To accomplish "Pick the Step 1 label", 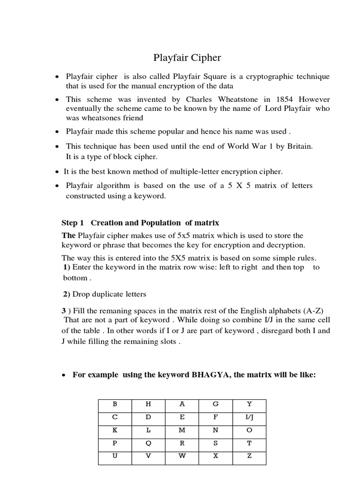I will coord(73,223).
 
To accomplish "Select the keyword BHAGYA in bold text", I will coord(211,375).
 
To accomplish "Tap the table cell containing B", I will coord(114,404).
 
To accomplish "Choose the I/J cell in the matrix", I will coord(249,417).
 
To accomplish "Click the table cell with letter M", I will coord(182,431).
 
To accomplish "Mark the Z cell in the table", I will coord(249,457).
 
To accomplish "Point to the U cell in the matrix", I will coord(114,457).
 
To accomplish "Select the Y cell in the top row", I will coord(249,404).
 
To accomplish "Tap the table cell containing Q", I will coord(148,443).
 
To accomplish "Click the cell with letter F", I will coord(215,417).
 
